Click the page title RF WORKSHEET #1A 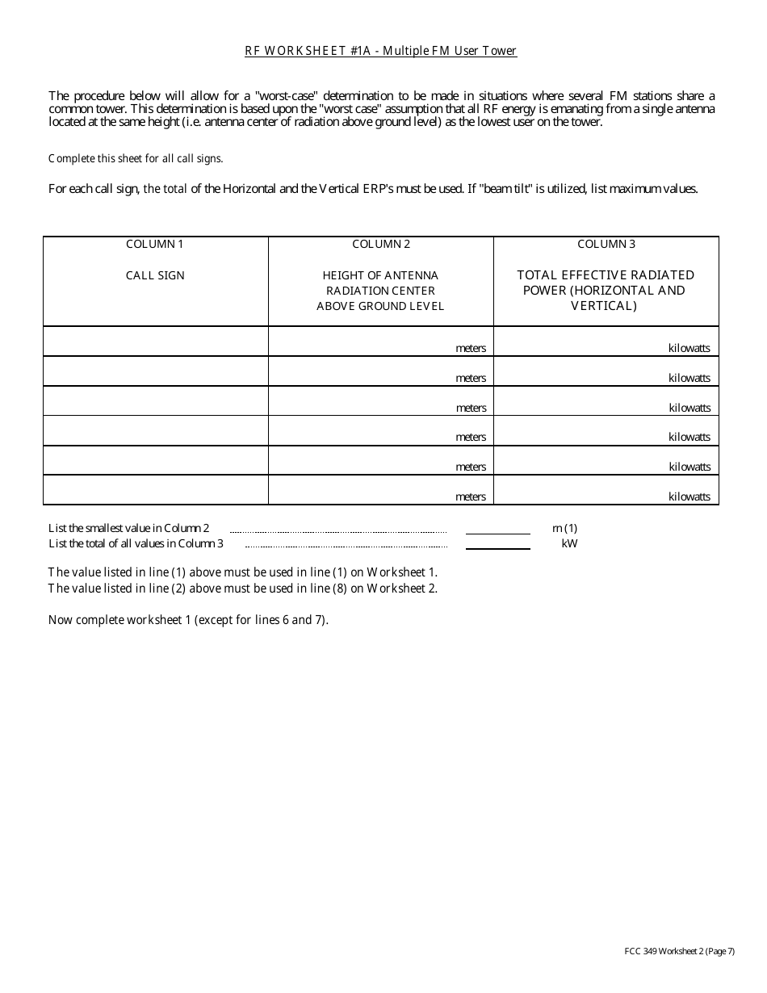[380, 51]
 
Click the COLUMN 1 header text [155, 244]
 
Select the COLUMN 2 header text [381, 244]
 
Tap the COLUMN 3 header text [606, 244]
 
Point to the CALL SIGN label [155, 275]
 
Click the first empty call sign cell [155, 341]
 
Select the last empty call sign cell [155, 490]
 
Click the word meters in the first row [471, 348]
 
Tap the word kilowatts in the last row [689, 497]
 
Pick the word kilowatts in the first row [689, 348]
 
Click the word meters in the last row [471, 497]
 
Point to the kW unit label [569, 543]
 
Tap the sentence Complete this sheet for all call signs [136, 158]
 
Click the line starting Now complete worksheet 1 [188, 620]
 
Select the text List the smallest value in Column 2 [129, 529]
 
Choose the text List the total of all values [136, 543]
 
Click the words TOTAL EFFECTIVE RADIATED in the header [606, 275]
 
